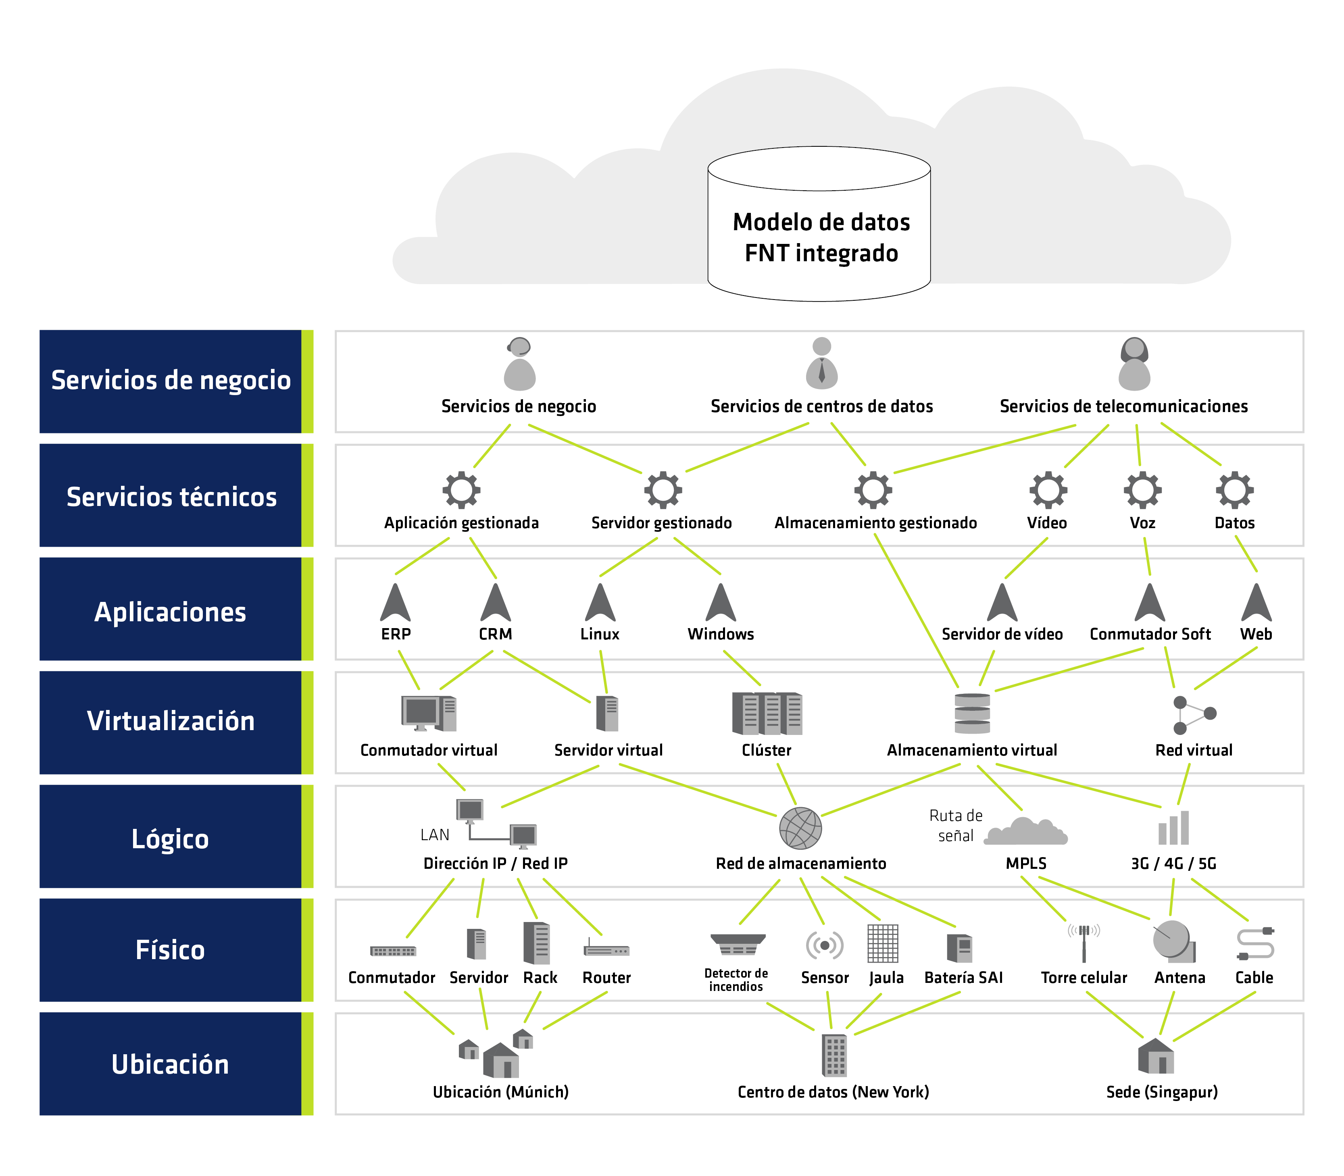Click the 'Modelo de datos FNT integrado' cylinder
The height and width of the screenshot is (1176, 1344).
819,224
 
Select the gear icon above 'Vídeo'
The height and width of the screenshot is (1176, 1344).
1048,489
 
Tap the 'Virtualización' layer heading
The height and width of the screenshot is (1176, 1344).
171,721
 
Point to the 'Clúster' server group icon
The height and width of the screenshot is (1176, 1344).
767,713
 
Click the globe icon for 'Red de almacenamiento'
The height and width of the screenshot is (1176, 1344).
800,828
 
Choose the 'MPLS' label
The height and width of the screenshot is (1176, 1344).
1026,864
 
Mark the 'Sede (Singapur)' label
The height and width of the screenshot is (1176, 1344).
1162,1092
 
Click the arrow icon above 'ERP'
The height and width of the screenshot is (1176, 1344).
396,602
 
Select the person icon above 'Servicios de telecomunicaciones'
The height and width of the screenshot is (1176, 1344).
1135,364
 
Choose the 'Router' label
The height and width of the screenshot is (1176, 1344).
607,978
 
